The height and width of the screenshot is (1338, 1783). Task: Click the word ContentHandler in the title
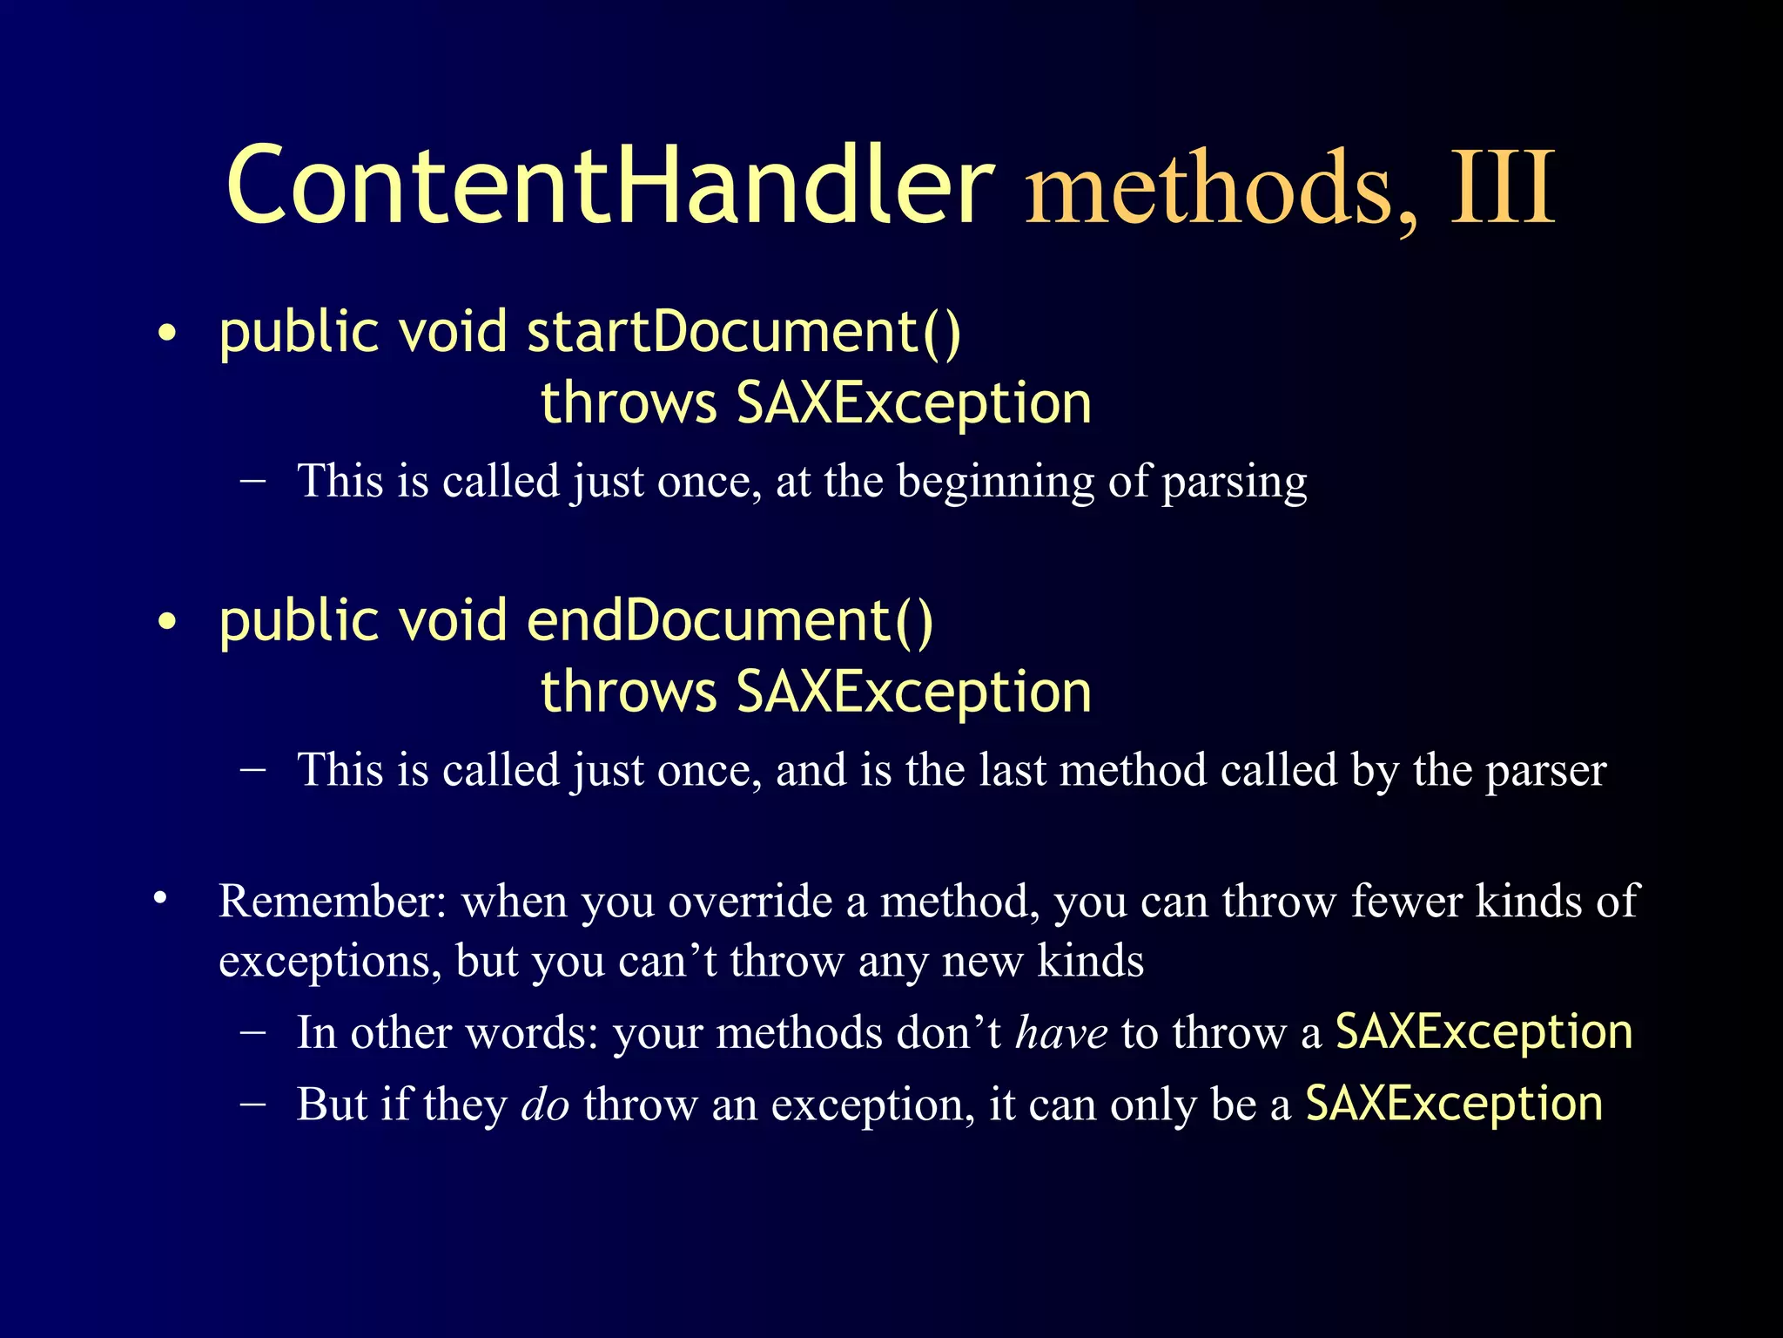coord(609,186)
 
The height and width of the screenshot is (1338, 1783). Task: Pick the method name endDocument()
coord(730,621)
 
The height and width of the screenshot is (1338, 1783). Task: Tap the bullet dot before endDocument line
coord(167,623)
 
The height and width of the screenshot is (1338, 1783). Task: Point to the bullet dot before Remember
coord(159,898)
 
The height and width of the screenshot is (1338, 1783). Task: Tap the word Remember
coord(331,901)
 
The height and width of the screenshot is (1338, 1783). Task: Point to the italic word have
coord(1061,1033)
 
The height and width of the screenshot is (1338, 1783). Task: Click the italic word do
coord(545,1105)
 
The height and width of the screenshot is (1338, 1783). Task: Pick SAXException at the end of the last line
coord(1454,1104)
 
